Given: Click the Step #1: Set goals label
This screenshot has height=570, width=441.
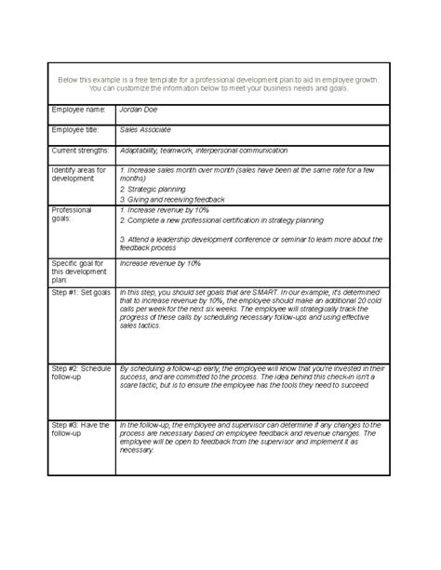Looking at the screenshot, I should coord(82,291).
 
